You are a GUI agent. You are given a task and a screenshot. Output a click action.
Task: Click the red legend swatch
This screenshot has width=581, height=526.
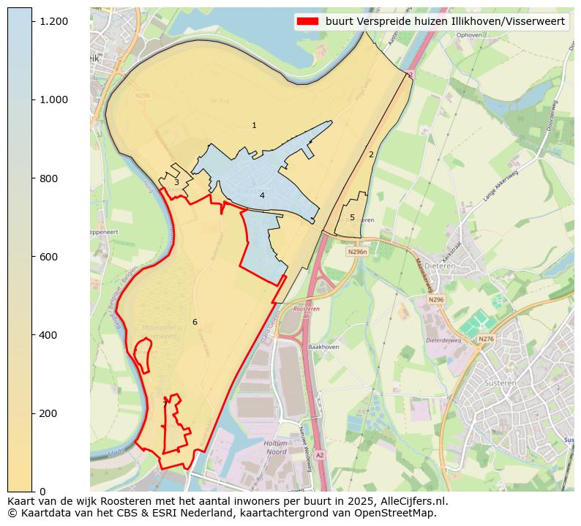(307, 21)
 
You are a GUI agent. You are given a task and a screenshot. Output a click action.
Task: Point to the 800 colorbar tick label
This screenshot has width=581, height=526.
(49, 179)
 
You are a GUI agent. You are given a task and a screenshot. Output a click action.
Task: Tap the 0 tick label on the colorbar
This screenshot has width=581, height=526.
(43, 492)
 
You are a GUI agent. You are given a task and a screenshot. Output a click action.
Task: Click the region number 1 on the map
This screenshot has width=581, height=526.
(254, 126)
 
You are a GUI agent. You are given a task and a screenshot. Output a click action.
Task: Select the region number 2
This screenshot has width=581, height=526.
(371, 154)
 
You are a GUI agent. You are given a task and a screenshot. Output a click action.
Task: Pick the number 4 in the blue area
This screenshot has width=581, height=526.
(262, 195)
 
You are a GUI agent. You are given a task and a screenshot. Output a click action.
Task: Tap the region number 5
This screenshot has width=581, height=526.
(352, 217)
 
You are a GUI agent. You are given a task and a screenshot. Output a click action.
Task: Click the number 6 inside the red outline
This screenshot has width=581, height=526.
(195, 322)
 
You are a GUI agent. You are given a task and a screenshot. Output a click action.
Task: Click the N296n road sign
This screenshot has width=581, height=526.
(357, 252)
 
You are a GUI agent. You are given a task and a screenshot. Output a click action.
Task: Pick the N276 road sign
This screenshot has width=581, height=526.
(486, 339)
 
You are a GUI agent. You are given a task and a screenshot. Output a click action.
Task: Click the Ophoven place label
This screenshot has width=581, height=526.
(468, 34)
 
